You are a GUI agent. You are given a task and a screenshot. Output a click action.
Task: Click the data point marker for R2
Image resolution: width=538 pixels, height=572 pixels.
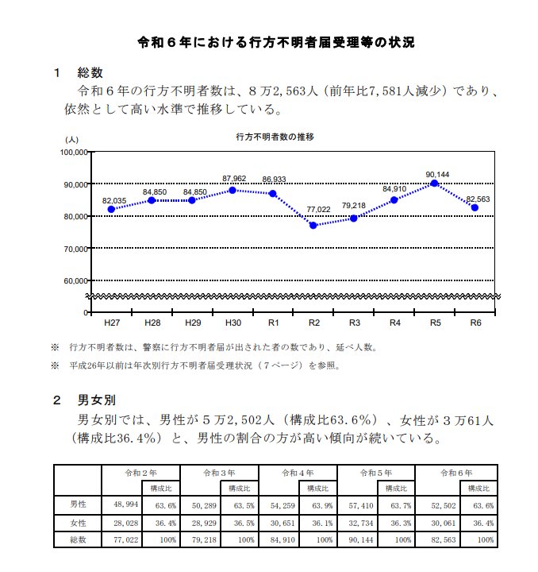tap(313, 225)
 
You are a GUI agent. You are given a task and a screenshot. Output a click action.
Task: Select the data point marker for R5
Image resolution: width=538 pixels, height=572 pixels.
tap(435, 183)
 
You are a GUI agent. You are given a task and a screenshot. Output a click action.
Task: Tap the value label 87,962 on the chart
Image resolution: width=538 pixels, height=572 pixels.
tap(234, 179)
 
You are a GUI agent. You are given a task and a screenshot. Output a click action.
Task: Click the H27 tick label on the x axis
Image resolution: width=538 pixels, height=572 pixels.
tap(112, 323)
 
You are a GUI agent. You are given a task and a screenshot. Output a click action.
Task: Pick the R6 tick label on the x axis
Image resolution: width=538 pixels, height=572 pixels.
tap(475, 323)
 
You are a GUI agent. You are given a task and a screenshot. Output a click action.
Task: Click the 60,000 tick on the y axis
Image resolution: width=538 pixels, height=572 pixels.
tap(75, 280)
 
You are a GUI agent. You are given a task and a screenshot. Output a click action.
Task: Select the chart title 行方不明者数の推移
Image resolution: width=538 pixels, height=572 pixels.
tap(275, 137)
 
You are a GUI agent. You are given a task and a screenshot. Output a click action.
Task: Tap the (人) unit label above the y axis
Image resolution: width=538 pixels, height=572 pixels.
tap(71, 139)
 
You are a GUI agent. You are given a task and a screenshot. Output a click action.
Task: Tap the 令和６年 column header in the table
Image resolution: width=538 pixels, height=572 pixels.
tap(455, 471)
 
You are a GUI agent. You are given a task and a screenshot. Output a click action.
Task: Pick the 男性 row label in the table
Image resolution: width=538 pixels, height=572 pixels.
tap(77, 504)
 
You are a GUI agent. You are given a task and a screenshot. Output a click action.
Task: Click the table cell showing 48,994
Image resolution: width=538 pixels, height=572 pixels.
tap(125, 504)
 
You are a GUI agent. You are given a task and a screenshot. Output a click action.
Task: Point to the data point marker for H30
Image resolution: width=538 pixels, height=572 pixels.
tap(232, 190)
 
